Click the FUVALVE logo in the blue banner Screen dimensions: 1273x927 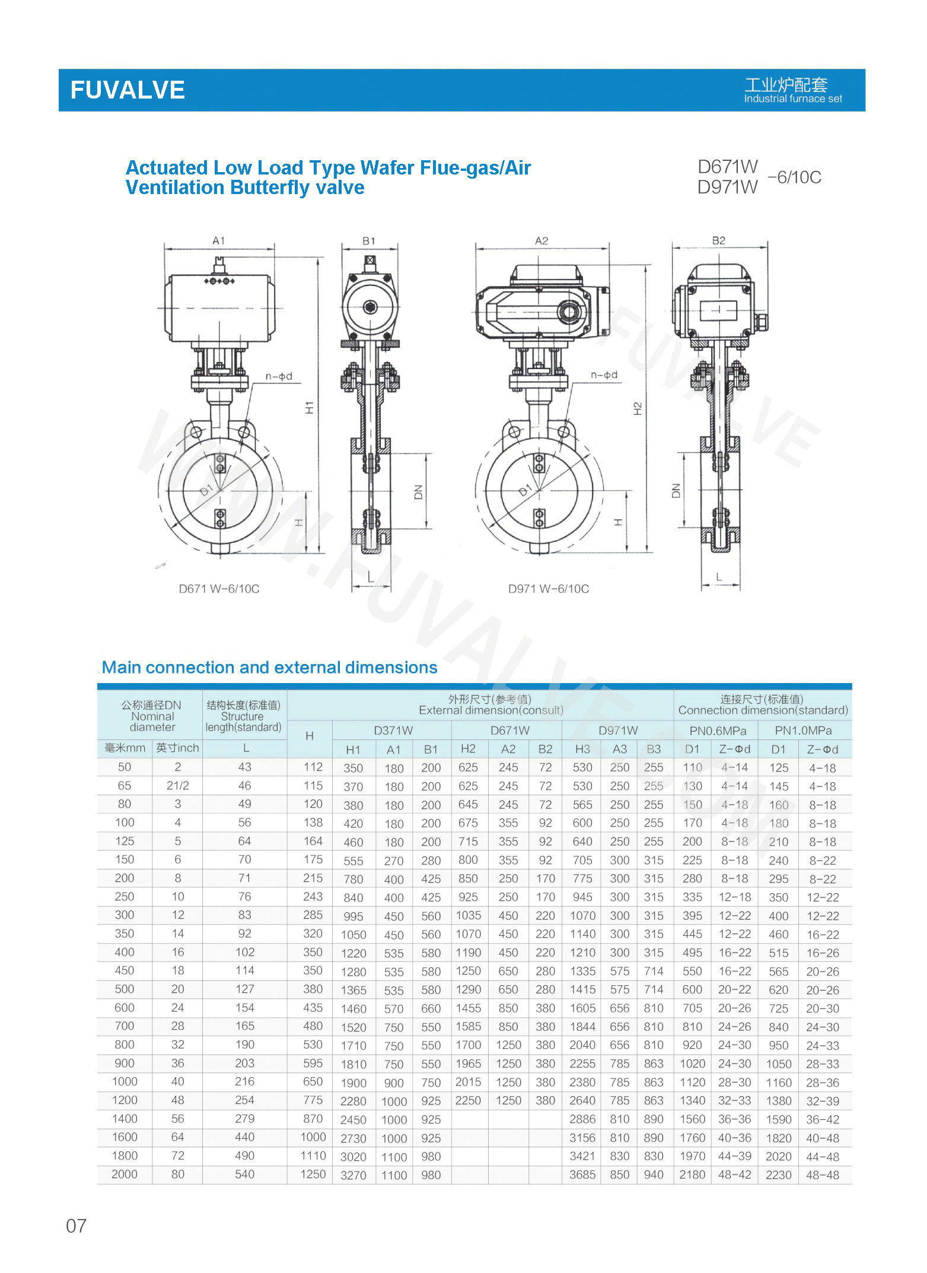pyautogui.click(x=128, y=90)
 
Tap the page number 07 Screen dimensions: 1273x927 pyautogui.click(x=76, y=1226)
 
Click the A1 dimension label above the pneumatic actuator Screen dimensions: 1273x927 pyautogui.click(x=219, y=241)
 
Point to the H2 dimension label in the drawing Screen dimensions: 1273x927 pyautogui.click(x=638, y=408)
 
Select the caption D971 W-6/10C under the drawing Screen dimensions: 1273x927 pyautogui.click(x=548, y=589)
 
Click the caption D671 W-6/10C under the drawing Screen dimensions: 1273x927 pyautogui.click(x=219, y=589)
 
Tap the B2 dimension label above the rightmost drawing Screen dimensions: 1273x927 pyautogui.click(x=718, y=240)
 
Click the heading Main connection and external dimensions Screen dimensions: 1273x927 pyautogui.click(x=269, y=668)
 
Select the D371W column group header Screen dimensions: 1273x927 pyautogui.click(x=393, y=730)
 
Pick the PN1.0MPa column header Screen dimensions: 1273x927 pyautogui.click(x=803, y=730)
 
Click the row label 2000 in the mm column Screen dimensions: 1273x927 pyautogui.click(x=125, y=1174)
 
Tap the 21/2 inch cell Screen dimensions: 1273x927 pyautogui.click(x=177, y=785)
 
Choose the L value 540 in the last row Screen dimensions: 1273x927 pyautogui.click(x=244, y=1174)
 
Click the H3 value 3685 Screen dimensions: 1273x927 pyautogui.click(x=582, y=1174)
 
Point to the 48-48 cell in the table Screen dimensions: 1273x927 pyautogui.click(x=822, y=1174)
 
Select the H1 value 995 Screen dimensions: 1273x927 pyautogui.click(x=353, y=916)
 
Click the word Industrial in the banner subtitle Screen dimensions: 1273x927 pyautogui.click(x=765, y=99)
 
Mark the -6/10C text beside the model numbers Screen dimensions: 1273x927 pyautogui.click(x=794, y=177)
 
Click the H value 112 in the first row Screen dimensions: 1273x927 pyautogui.click(x=313, y=767)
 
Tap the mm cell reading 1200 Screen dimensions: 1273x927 pyautogui.click(x=125, y=1100)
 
